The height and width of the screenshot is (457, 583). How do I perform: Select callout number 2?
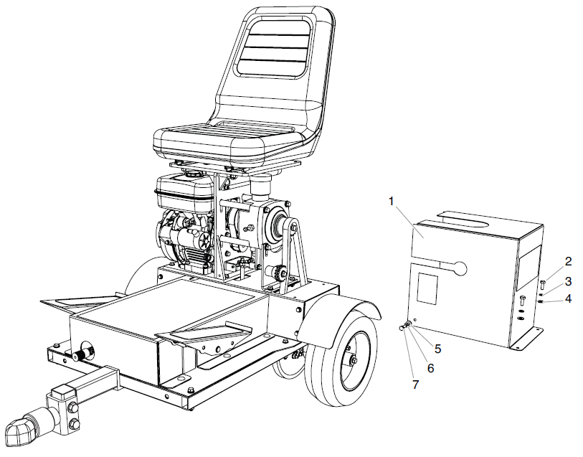tap(567, 261)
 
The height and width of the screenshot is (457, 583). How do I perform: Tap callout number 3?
tap(567, 281)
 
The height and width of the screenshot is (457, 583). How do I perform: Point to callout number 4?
tap(567, 298)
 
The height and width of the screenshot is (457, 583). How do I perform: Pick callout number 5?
tap(437, 350)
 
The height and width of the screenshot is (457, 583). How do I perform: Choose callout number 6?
tap(431, 367)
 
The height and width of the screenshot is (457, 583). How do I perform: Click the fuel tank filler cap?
tap(191, 174)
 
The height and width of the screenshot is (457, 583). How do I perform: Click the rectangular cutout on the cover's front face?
tap(427, 288)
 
